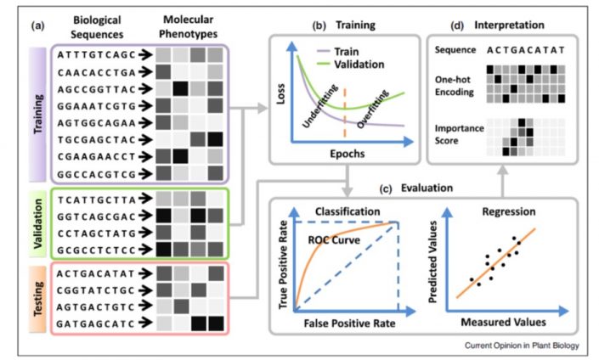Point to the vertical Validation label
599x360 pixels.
(x=37, y=222)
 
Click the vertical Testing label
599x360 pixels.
(x=37, y=298)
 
